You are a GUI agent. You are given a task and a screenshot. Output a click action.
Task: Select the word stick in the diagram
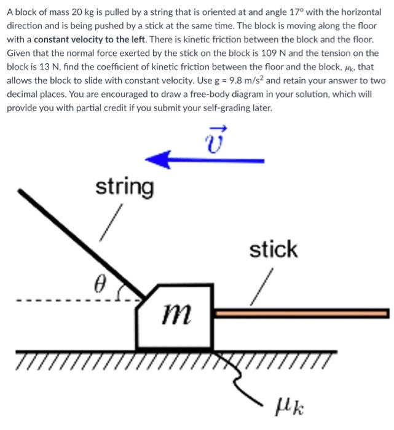click(273, 250)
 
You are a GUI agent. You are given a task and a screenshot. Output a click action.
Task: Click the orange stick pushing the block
click(301, 313)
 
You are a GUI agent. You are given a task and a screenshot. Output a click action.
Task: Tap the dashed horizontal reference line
click(61, 301)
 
